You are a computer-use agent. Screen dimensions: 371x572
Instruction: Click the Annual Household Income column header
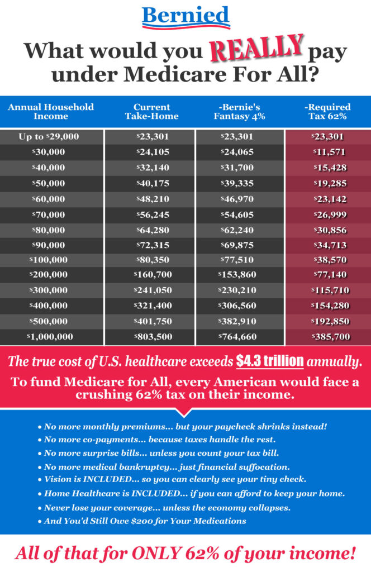tap(51, 112)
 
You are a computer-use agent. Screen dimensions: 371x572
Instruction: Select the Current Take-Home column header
tap(152, 112)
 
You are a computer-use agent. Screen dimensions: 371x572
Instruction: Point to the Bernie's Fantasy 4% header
tap(239, 112)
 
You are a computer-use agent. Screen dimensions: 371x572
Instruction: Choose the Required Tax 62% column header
tap(327, 112)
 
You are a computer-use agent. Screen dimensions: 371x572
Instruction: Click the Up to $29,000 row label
tap(49, 137)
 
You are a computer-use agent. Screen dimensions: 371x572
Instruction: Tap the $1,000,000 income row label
tap(50, 337)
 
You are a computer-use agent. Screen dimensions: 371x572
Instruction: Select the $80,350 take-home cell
tap(153, 260)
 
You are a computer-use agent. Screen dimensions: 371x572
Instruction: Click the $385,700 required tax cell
tap(331, 337)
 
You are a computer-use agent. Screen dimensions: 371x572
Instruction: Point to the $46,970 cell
tap(237, 199)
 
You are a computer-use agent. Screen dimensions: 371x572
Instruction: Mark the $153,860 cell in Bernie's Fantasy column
tap(237, 275)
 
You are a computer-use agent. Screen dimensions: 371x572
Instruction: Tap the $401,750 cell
tap(153, 321)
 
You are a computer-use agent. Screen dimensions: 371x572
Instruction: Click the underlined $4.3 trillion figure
tap(269, 361)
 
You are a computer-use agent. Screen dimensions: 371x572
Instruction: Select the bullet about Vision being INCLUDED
tap(172, 479)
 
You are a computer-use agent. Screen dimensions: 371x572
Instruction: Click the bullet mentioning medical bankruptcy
tap(164, 467)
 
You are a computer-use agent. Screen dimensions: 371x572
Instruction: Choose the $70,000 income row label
tap(49, 215)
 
